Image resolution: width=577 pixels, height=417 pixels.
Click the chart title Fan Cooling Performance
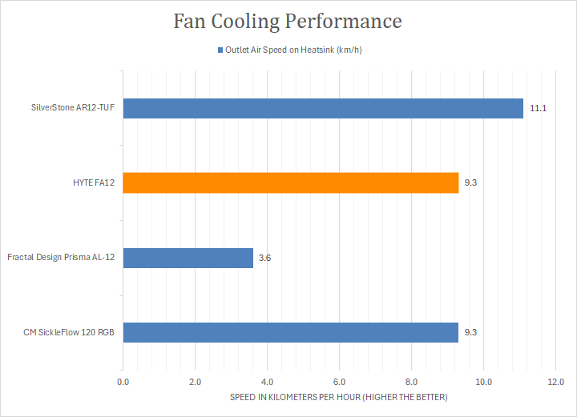coord(288,22)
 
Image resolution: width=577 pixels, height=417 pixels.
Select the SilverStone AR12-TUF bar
coord(323,108)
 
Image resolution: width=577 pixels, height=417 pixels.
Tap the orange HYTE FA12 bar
coord(291,183)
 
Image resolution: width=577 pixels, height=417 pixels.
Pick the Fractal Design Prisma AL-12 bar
coord(188,258)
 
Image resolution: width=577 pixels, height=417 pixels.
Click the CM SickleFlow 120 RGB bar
coord(291,332)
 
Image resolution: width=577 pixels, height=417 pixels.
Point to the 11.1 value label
coord(538,108)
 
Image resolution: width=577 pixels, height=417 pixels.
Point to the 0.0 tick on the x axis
coord(123,383)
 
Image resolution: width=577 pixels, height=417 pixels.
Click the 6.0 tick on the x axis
coord(339,383)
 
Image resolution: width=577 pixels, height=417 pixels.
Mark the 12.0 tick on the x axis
coord(555,383)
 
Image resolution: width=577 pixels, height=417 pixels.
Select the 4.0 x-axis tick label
coord(267,383)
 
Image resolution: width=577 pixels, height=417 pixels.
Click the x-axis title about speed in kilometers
coord(339,398)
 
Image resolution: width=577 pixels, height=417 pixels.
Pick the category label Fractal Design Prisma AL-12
coord(61,258)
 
